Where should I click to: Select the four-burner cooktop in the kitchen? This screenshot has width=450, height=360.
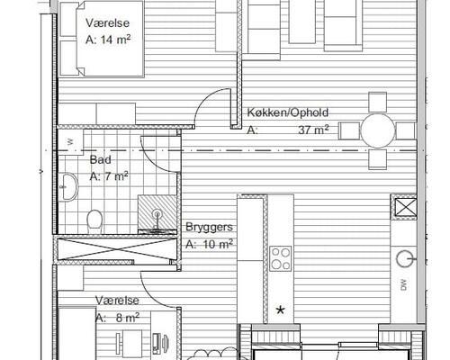(x=280, y=258)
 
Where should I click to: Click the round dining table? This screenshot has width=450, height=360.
(x=378, y=130)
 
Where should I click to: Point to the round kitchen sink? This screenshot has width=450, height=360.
(x=405, y=259)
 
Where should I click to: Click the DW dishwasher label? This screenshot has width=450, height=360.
(x=404, y=284)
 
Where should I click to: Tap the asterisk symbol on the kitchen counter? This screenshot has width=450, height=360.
(x=280, y=310)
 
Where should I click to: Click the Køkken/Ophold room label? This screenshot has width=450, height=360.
(x=288, y=112)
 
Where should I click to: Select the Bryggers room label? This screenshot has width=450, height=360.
(x=209, y=227)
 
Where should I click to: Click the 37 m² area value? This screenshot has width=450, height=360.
(x=313, y=130)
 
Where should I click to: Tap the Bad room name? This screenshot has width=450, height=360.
(x=101, y=159)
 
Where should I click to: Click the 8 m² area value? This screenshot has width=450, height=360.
(x=128, y=317)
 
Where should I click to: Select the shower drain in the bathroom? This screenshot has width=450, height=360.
(x=157, y=214)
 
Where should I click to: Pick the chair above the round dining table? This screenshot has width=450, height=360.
(x=377, y=103)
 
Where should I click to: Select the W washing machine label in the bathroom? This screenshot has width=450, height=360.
(x=70, y=142)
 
